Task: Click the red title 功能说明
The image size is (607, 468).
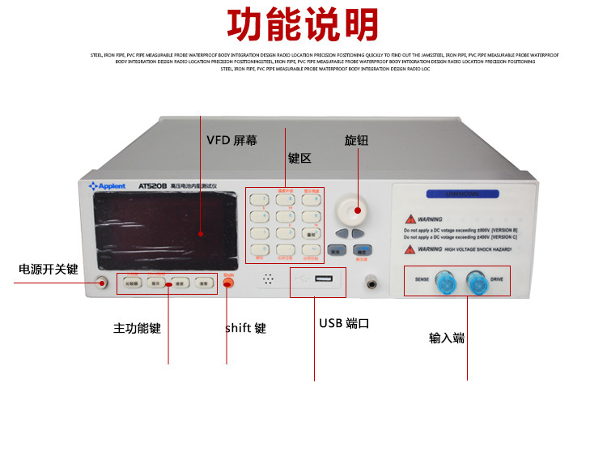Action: coord(303,25)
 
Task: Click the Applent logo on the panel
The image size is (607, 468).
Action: coord(108,186)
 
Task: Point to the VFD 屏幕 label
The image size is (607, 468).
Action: coord(231,140)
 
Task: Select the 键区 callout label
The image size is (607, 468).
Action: coord(299,159)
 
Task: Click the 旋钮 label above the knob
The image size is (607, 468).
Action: coord(356,140)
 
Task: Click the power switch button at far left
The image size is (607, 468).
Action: coord(102,283)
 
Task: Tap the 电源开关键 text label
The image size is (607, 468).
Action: coord(49,269)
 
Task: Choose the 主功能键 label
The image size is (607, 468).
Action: coord(137,329)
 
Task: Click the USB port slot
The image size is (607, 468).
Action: coord(322,280)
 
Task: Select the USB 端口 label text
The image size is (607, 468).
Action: coord(344,323)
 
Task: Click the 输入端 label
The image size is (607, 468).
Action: coord(447,338)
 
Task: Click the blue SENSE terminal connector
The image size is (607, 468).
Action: coord(444,281)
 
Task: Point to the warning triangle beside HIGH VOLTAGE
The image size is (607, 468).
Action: coord(412,249)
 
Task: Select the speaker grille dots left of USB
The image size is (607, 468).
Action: coord(268,279)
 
